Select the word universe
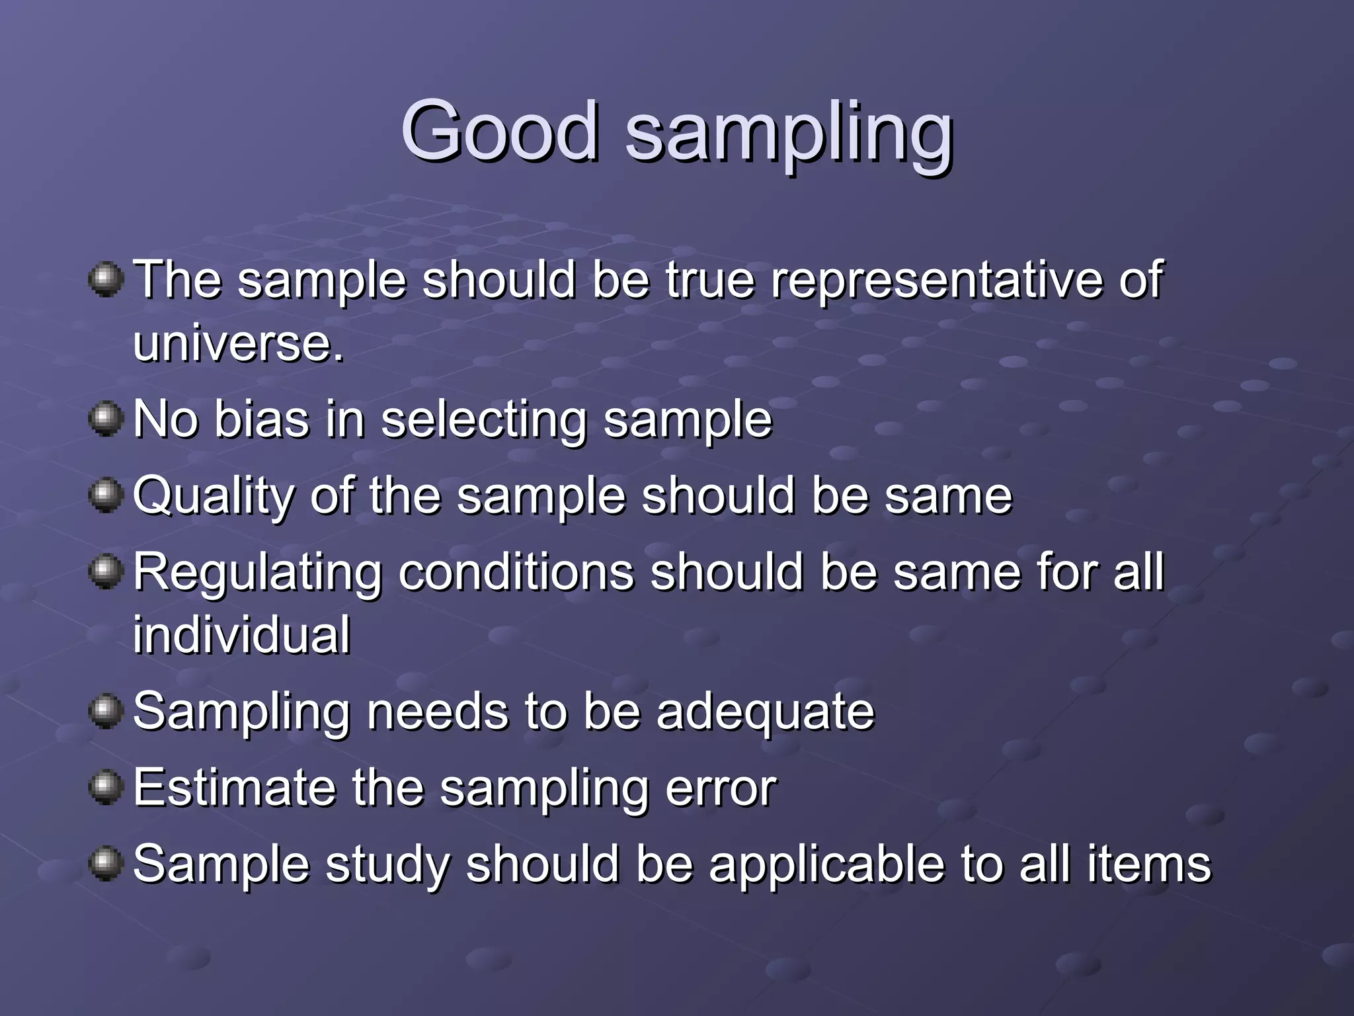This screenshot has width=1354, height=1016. coord(238,343)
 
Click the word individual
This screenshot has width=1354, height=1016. coord(241,635)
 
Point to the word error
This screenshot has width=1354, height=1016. coord(721,788)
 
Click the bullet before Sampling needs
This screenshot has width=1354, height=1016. coord(106,712)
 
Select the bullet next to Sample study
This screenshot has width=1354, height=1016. coord(106,864)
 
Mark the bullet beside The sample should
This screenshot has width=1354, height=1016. coord(106,280)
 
